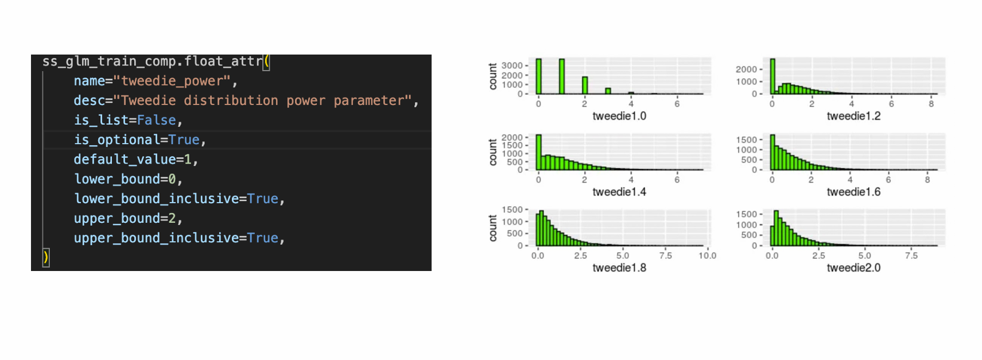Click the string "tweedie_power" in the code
[x=176, y=81]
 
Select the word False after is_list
[x=157, y=120]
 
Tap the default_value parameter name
[x=125, y=160]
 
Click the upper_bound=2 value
[x=172, y=218]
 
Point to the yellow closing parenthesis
[x=45, y=258]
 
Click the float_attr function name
[x=223, y=61]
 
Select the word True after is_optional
[x=184, y=140]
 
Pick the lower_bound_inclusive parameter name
[x=156, y=199]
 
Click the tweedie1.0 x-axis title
[x=619, y=116]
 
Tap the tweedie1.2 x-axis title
[x=853, y=116]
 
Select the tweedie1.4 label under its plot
[x=619, y=192]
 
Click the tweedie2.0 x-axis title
[x=853, y=268]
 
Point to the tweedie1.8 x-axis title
[x=619, y=268]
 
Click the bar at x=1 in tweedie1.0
[x=561, y=76]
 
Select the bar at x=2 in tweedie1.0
[x=585, y=86]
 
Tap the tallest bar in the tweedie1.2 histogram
[x=773, y=76]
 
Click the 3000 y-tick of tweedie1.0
[x=512, y=66]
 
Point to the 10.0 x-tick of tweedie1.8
[x=707, y=256]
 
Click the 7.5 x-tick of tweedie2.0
[x=911, y=256]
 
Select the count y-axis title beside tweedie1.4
[x=493, y=153]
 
